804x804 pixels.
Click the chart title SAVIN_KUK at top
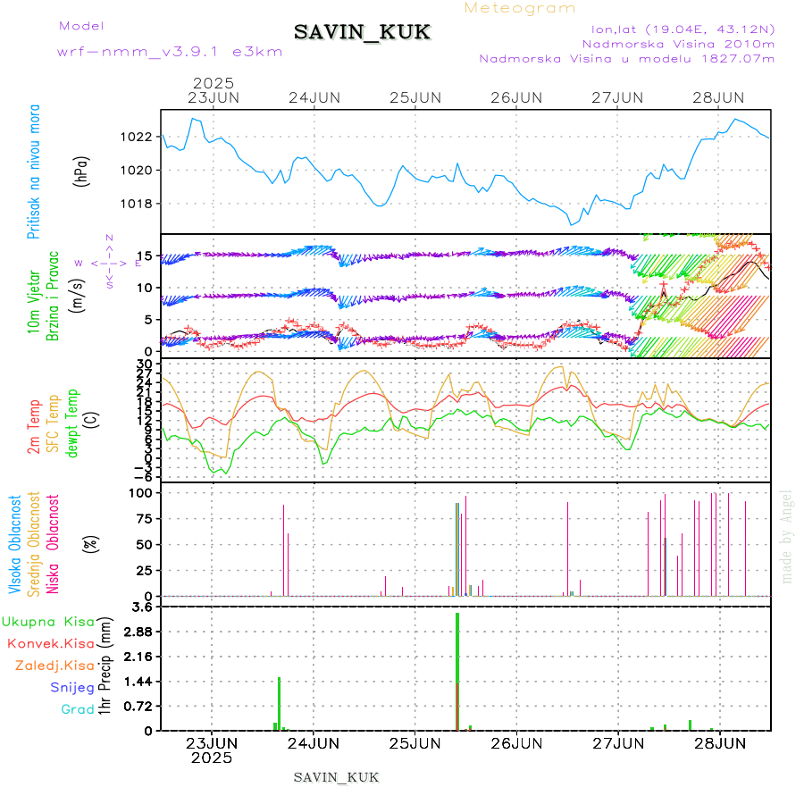point(363,33)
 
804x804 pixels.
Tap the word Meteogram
point(520,8)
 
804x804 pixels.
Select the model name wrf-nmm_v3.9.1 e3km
point(170,51)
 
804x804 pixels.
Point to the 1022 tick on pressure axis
point(138,137)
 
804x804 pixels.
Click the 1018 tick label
point(138,204)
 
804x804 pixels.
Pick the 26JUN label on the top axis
point(516,97)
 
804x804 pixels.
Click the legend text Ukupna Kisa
point(48,621)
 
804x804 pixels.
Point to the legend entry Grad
point(78,710)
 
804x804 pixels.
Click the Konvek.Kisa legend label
point(51,643)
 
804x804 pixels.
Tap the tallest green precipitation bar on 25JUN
point(457,670)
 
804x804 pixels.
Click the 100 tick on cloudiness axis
point(142,493)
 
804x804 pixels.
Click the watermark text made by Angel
point(787,536)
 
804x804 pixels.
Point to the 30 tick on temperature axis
point(145,364)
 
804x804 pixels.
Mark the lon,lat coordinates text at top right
point(676,29)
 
